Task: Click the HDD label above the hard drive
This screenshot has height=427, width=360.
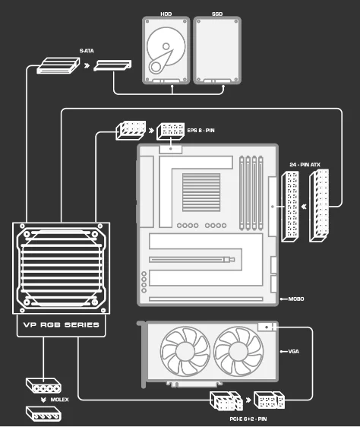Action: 166,14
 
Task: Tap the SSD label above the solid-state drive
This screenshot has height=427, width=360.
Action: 217,14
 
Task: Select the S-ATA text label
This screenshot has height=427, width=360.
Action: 87,51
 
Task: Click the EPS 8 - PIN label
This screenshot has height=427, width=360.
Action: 201,131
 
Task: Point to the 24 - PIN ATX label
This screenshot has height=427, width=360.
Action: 305,164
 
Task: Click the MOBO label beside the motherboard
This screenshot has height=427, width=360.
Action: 296,299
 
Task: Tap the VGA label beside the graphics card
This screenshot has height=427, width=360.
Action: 294,351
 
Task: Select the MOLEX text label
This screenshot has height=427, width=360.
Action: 60,400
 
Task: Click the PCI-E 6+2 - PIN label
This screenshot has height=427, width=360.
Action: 248,419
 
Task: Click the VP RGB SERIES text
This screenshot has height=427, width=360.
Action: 62,324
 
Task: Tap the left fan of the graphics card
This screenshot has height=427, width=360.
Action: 185,351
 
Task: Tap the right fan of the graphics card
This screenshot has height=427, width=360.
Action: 238,351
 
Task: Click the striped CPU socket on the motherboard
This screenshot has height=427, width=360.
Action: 201,192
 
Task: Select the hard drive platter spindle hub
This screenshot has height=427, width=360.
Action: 166,46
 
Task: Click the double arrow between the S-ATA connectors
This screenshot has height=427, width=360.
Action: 87,65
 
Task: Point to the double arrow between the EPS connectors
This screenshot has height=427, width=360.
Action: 151,131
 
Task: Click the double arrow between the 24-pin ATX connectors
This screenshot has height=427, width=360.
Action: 304,207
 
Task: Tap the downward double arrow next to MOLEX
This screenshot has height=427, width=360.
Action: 43,400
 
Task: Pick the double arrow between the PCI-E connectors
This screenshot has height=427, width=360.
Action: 248,400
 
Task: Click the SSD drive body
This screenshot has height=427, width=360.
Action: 217,50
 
